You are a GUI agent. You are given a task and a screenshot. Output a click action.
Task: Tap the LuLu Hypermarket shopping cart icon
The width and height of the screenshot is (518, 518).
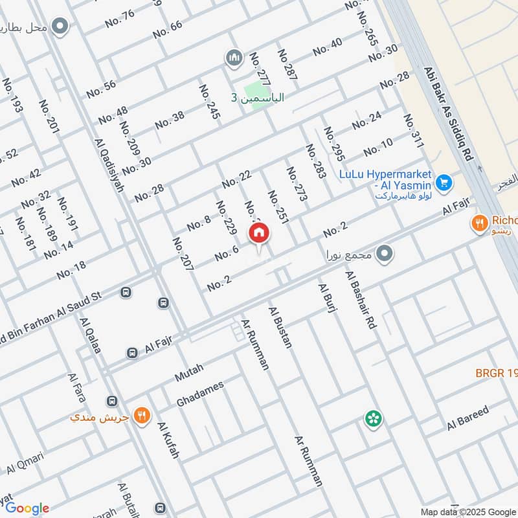tap(444, 183)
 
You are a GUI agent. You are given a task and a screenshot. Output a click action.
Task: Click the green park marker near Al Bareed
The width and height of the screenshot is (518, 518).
tap(373, 419)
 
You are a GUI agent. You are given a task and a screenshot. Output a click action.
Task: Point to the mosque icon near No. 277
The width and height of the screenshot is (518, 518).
tap(233, 59)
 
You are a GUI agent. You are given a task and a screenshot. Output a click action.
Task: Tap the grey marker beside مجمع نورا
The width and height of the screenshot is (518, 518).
tap(385, 254)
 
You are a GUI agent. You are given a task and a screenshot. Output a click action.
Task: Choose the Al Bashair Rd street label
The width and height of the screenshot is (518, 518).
tap(361, 302)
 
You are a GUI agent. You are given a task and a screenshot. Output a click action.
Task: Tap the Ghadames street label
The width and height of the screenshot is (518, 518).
tap(200, 394)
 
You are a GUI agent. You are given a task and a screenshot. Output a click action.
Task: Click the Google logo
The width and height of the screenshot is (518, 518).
tap(27, 508)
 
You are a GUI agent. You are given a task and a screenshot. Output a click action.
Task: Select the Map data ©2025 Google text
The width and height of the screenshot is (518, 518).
tap(467, 511)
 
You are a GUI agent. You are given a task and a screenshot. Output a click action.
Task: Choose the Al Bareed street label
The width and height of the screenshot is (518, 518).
tap(467, 418)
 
